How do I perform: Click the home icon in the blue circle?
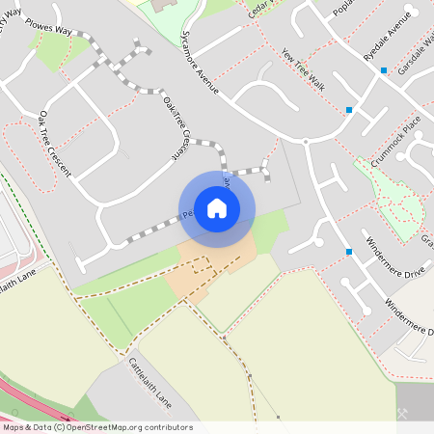tap(217, 208)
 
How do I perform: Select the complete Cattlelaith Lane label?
tap(149, 380)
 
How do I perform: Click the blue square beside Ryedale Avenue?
tap(384, 70)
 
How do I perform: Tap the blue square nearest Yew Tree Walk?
tap(349, 110)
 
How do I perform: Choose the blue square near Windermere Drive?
tap(348, 252)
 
